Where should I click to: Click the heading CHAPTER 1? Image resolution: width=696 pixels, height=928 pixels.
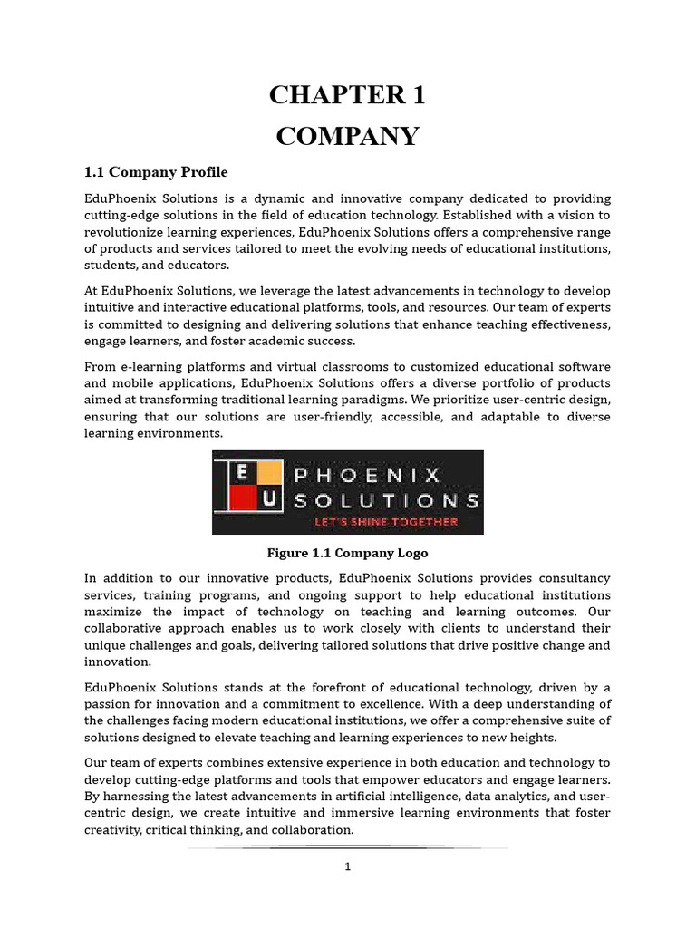pyautogui.click(x=348, y=94)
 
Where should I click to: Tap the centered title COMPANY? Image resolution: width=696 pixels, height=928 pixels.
pyautogui.click(x=348, y=136)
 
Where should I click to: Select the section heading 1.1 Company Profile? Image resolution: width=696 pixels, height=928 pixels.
pyautogui.click(x=156, y=172)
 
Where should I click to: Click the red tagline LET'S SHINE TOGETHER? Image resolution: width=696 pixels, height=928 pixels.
pyautogui.click(x=386, y=522)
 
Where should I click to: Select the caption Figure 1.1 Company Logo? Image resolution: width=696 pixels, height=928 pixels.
pyautogui.click(x=347, y=553)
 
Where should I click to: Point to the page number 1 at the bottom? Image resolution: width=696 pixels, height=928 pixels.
pyautogui.click(x=347, y=866)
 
